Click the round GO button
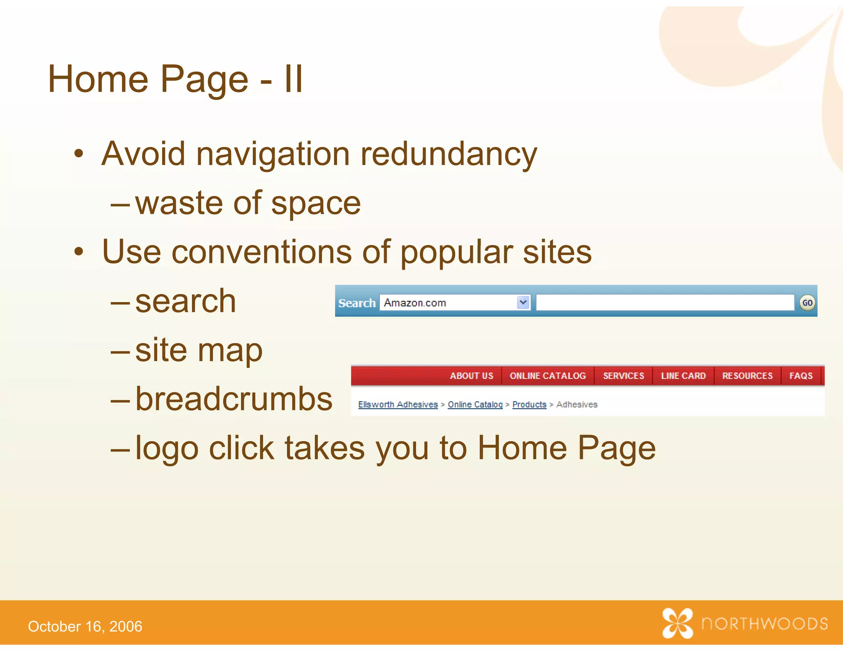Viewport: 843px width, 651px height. point(807,303)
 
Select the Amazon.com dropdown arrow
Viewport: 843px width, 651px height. point(523,302)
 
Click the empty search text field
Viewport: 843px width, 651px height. point(664,302)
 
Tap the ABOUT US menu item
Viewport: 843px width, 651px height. point(471,376)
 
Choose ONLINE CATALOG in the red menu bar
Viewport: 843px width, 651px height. point(547,376)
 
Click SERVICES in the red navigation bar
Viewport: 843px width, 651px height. point(623,376)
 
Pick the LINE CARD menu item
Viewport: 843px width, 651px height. point(683,376)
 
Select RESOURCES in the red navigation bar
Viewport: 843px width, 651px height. point(747,376)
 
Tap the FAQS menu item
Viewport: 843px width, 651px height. point(801,376)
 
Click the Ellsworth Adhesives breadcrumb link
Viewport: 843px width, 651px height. point(398,405)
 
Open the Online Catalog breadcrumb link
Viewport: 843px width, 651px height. point(475,405)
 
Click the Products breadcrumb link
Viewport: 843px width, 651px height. point(529,405)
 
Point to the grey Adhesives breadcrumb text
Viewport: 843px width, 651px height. point(577,405)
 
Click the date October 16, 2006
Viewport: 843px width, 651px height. point(85,626)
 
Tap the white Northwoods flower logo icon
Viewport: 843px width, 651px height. point(677,623)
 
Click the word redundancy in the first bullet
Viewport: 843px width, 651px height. point(449,154)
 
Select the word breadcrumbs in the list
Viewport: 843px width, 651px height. point(233,399)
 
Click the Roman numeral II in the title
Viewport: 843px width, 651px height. point(293,79)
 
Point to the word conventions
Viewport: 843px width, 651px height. point(261,252)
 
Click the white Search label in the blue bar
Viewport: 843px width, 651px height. point(356,303)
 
